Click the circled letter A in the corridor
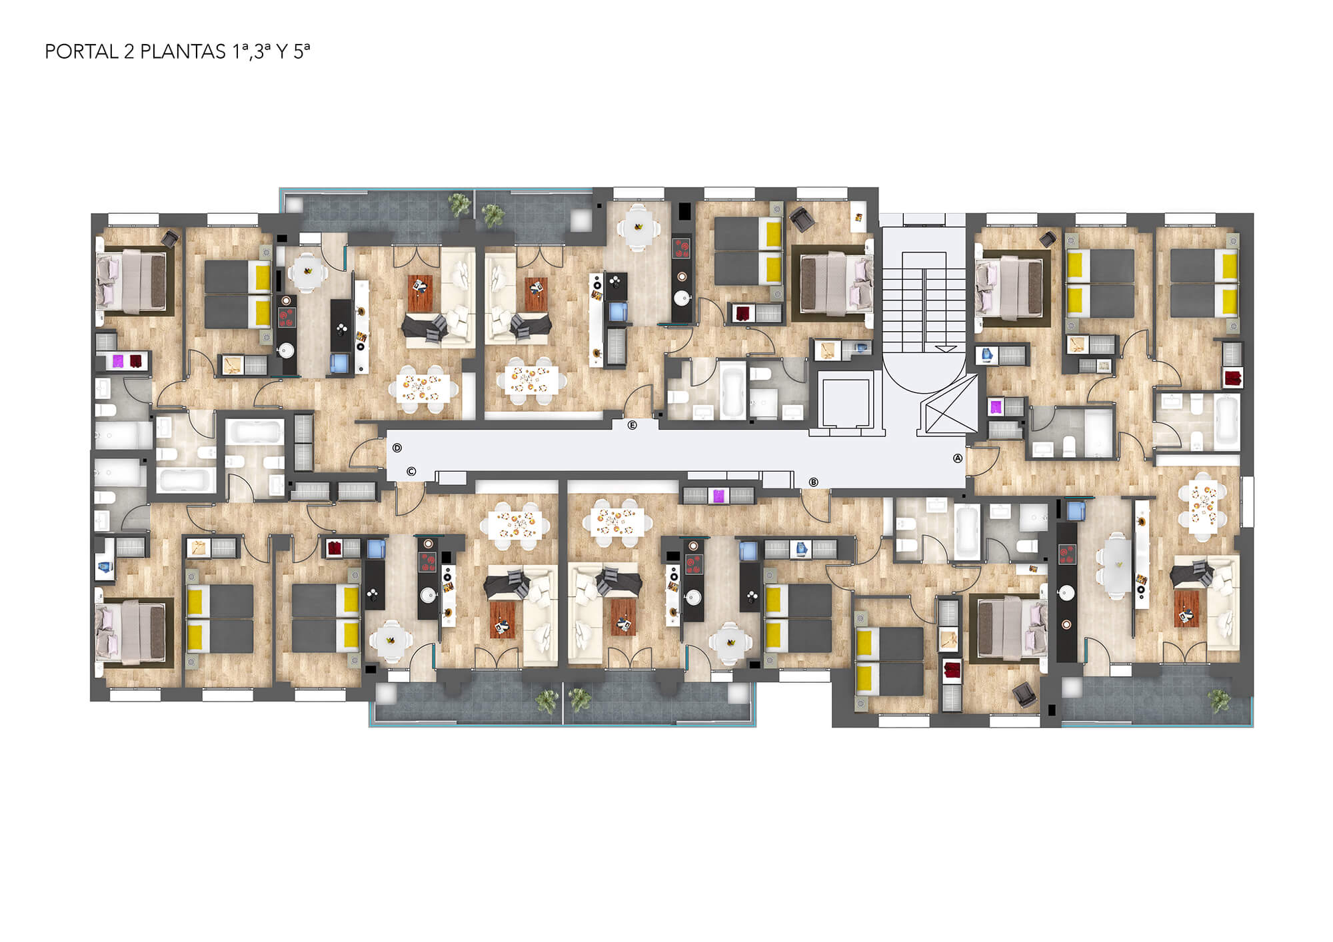tap(958, 458)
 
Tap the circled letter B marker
tap(813, 482)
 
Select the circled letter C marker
tap(411, 472)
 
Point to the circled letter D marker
tap(397, 448)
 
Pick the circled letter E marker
tap(633, 425)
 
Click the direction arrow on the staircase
tap(945, 348)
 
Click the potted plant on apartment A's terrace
tap(1220, 700)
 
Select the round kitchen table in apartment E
tap(638, 227)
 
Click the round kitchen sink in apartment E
tap(681, 298)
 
